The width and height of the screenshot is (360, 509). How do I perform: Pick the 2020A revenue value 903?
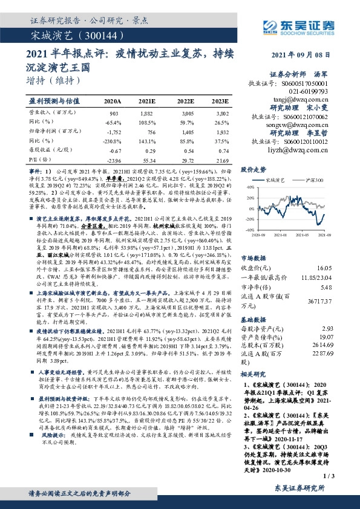113,113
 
